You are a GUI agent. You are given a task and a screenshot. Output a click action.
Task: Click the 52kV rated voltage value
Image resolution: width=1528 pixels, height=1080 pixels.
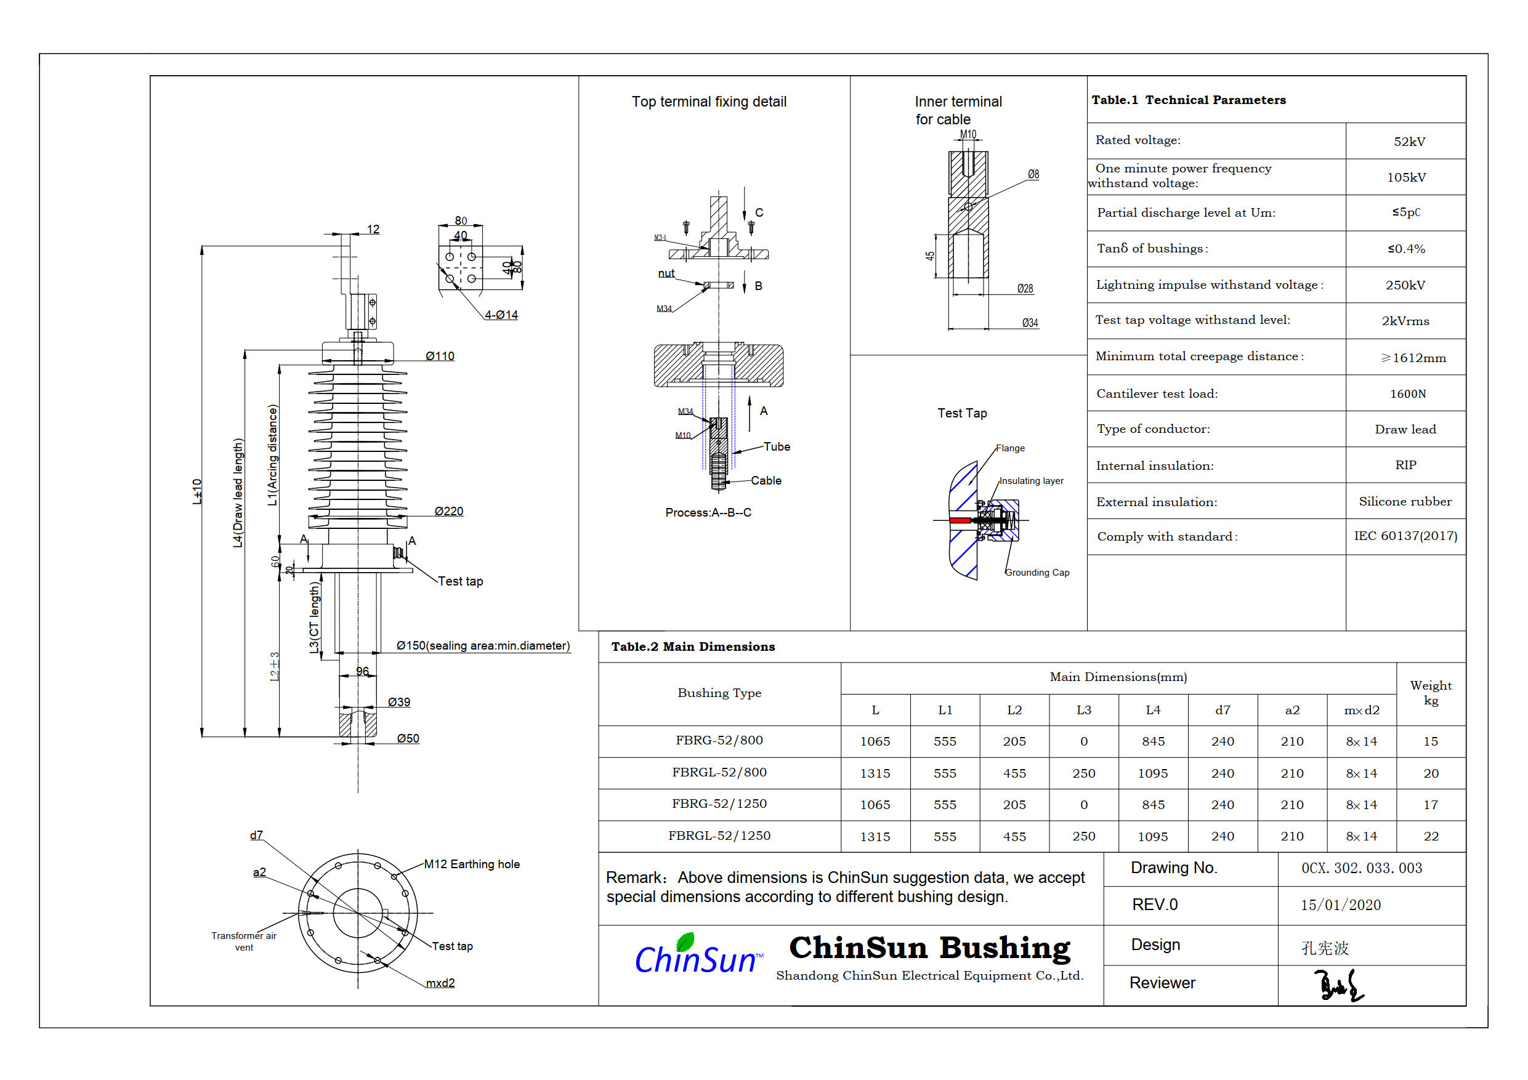tap(1409, 142)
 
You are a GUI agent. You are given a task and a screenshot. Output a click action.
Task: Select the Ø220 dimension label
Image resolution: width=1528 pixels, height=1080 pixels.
tap(448, 511)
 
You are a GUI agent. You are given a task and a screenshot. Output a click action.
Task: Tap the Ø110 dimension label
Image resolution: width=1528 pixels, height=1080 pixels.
tap(440, 356)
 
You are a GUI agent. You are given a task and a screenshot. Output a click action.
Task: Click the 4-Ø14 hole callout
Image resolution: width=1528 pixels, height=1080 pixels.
tap(501, 315)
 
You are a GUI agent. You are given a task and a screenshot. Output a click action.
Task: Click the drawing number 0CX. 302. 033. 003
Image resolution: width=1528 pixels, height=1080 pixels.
tap(1361, 868)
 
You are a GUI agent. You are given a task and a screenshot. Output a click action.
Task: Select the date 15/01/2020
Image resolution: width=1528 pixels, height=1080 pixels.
tap(1340, 905)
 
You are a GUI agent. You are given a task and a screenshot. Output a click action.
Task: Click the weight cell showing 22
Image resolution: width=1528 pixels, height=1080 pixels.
tap(1431, 836)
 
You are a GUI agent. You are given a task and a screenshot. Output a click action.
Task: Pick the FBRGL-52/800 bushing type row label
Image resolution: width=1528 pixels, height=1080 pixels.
tap(719, 773)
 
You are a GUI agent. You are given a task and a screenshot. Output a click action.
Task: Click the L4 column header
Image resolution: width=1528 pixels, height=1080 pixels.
tap(1153, 710)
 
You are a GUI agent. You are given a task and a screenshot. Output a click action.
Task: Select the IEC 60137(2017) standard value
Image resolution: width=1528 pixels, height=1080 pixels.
tap(1405, 536)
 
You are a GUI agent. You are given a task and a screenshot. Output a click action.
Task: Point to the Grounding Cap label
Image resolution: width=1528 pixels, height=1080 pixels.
tap(1037, 572)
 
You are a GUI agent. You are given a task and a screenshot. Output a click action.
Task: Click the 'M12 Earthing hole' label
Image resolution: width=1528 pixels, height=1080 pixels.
tap(472, 864)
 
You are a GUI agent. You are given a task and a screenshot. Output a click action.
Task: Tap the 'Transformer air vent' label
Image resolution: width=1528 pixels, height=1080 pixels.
tap(243, 941)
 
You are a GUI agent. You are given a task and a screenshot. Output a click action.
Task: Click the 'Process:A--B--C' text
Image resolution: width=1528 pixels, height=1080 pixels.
tap(708, 512)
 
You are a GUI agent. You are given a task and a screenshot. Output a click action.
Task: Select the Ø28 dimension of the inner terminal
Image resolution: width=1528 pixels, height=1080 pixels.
tap(1025, 288)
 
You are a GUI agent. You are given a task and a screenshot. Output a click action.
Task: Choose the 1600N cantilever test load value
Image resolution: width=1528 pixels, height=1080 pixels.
tap(1407, 394)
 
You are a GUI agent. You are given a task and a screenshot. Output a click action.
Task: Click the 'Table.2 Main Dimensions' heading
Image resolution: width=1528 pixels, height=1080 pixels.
tap(693, 647)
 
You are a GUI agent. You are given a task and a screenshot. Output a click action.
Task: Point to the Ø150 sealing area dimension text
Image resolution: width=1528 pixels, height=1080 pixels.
tap(483, 645)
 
